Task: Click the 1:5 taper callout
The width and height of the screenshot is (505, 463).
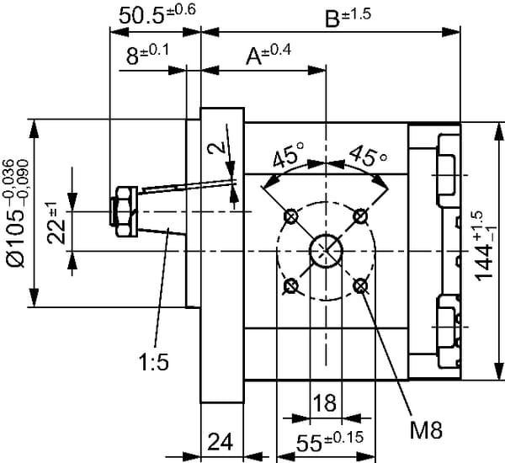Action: [154, 363]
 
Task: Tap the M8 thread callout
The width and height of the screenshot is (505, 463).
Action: [426, 432]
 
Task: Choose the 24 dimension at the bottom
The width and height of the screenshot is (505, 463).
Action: [221, 442]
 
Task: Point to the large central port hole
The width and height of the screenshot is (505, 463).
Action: [326, 251]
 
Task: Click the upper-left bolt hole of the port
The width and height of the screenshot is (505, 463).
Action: [291, 216]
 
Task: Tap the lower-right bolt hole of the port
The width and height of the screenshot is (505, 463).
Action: [361, 286]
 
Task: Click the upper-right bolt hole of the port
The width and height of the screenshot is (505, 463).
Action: [361, 216]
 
